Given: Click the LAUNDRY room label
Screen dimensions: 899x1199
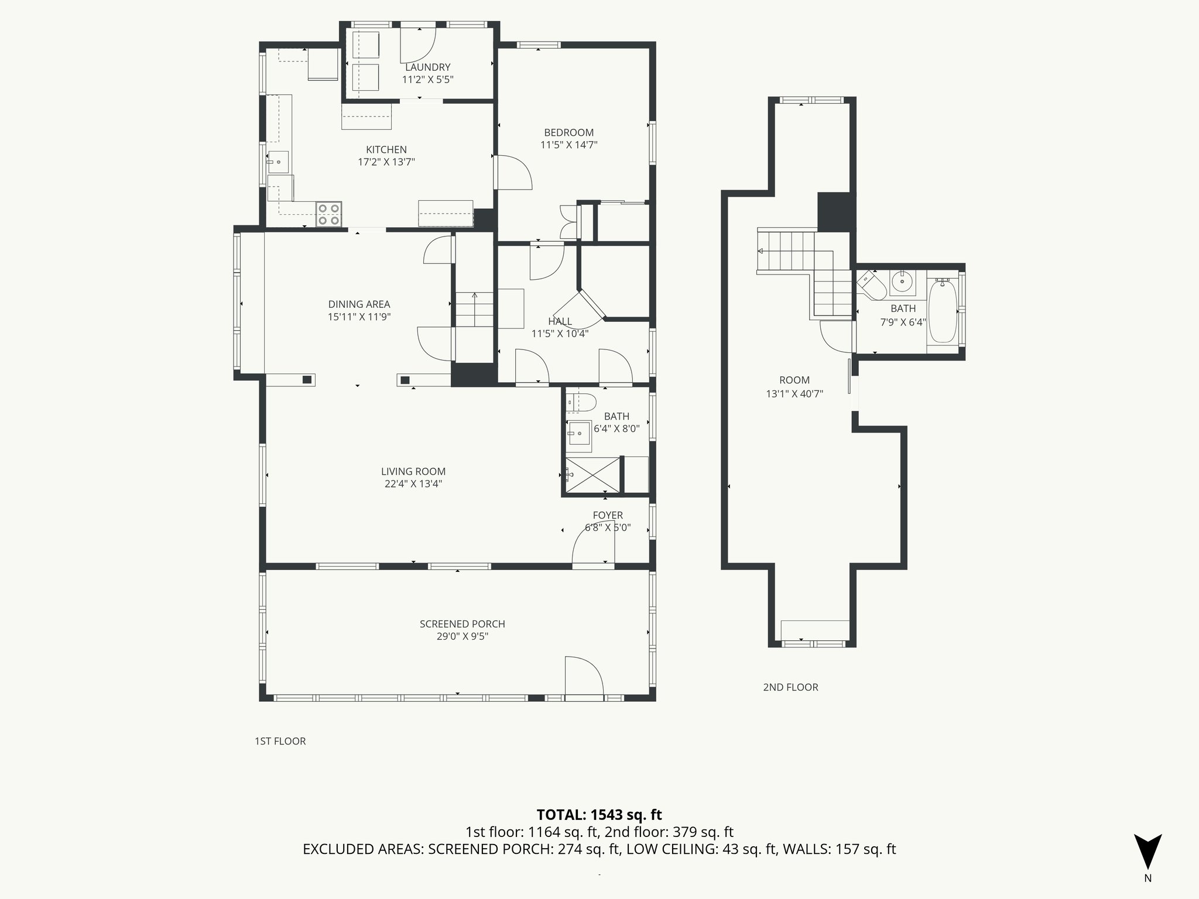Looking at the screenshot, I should tap(427, 67).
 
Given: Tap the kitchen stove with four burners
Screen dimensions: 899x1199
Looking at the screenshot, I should tap(328, 214).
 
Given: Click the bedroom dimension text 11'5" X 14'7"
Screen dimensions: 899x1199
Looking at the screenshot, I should tap(568, 145).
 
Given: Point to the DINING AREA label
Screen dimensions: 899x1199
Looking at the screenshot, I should tap(359, 304).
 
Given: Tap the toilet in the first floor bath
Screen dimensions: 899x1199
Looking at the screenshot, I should tap(584, 402).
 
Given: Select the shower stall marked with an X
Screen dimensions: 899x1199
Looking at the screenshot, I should tap(592, 475).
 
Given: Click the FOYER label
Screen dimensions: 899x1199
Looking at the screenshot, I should tap(608, 515).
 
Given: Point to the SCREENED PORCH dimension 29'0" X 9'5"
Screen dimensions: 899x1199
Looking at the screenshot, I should tap(462, 636).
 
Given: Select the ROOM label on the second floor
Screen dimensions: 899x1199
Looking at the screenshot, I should tap(794, 380).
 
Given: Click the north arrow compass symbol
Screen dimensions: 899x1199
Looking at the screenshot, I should tap(1147, 852).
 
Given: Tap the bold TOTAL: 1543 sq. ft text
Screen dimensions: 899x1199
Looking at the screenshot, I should tap(599, 815).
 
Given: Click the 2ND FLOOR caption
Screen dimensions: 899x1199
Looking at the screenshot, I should tap(790, 687).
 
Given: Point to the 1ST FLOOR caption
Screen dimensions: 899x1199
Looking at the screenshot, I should tap(280, 741).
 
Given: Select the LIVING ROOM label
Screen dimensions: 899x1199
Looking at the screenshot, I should tap(413, 471).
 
